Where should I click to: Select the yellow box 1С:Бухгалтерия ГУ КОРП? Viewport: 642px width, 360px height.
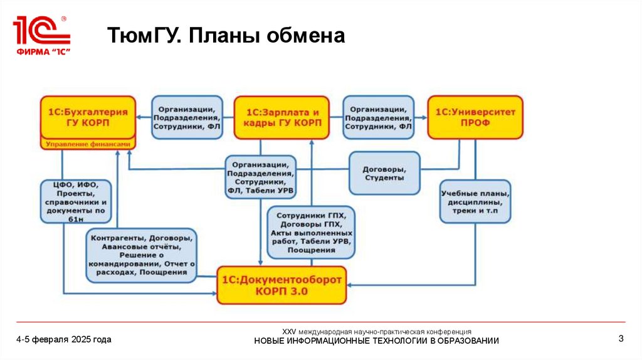coord(88,117)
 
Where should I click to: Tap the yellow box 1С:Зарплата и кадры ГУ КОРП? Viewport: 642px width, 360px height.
coord(282,117)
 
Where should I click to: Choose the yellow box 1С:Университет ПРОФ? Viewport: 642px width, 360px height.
coord(475,117)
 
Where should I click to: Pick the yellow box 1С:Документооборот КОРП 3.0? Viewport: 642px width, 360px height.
coord(282,285)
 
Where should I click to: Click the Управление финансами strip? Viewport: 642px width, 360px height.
coord(88,144)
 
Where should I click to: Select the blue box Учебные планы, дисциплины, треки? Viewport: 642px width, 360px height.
coord(475,202)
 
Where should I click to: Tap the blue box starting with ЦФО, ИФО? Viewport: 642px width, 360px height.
coord(77,202)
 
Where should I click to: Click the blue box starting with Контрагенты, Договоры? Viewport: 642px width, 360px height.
coord(140,255)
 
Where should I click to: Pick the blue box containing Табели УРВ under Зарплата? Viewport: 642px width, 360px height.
coord(261,176)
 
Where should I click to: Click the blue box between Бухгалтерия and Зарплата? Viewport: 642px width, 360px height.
coord(186,117)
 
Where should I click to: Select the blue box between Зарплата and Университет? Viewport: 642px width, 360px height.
coord(378,117)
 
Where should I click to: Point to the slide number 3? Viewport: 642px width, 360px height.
coord(621,339)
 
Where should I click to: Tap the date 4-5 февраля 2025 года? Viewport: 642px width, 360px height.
coord(64,339)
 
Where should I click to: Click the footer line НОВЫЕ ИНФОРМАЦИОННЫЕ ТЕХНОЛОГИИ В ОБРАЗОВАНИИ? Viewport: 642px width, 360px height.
coord(376,341)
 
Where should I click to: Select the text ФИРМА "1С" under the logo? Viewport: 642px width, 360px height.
coord(41,51)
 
